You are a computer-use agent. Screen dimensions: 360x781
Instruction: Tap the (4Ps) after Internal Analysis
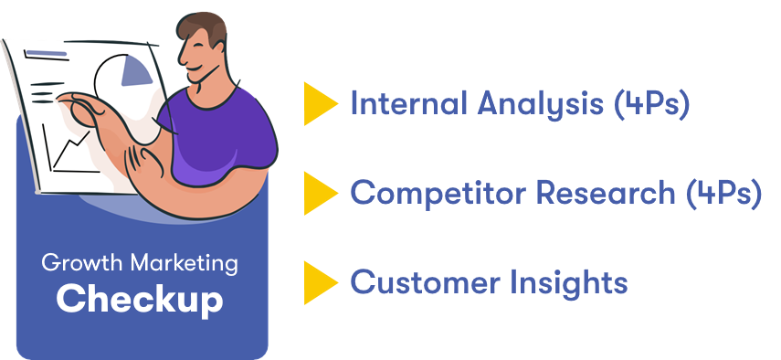tap(652, 104)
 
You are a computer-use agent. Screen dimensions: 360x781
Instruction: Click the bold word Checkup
tap(140, 299)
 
